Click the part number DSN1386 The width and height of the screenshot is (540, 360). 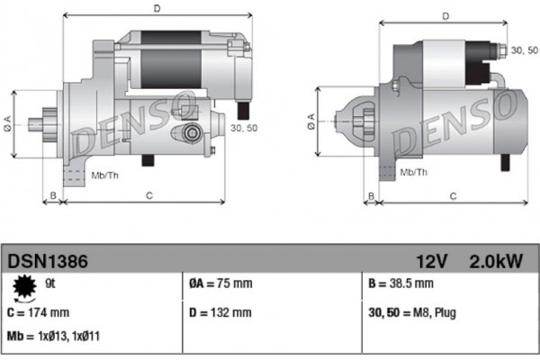(48, 262)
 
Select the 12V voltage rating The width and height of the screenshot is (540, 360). (431, 262)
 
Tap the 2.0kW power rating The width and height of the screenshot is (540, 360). (496, 262)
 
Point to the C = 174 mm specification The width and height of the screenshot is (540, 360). (38, 313)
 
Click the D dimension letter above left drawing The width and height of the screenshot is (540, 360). (157, 9)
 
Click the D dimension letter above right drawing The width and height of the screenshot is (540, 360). (445, 16)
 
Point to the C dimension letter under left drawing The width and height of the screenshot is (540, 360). (149, 194)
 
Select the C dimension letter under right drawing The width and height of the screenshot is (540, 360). (453, 194)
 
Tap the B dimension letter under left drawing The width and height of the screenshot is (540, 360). (54, 194)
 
